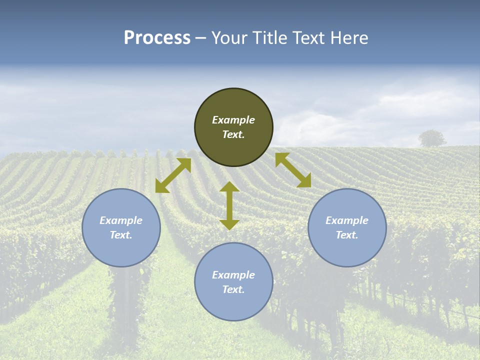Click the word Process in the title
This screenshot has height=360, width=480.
[157, 38]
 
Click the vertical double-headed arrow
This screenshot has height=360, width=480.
[229, 205]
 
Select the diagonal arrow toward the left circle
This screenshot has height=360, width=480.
[173, 175]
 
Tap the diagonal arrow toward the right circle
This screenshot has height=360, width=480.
[293, 170]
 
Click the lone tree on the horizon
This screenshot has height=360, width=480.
[432, 138]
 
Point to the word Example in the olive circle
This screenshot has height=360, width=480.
[233, 120]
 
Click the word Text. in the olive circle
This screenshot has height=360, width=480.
[233, 134]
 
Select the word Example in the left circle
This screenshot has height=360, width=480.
[121, 220]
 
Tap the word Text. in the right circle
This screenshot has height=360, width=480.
[347, 235]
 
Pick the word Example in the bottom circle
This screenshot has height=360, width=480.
[233, 275]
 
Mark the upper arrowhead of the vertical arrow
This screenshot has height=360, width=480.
[229, 186]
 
